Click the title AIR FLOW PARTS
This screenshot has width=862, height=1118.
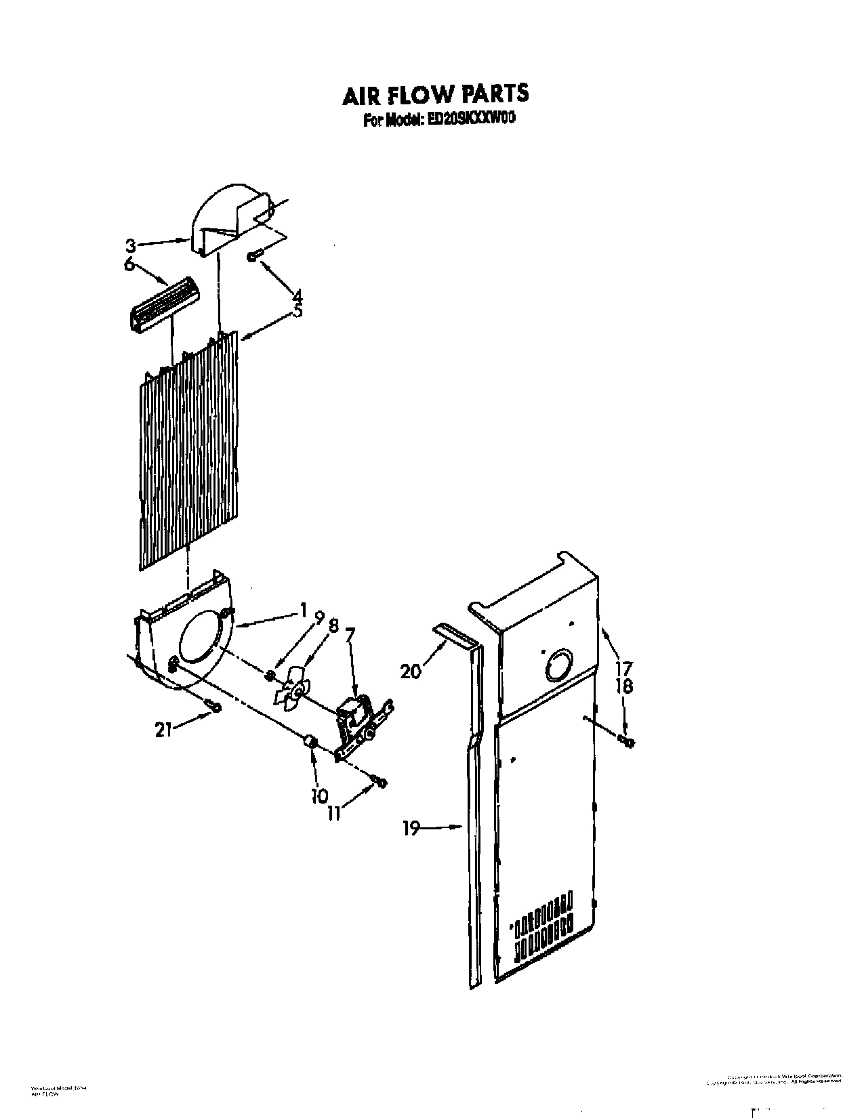click(x=434, y=95)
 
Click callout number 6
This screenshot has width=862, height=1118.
click(x=128, y=266)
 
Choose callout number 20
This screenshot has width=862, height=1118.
click(x=411, y=671)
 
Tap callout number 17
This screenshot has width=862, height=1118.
click(x=623, y=666)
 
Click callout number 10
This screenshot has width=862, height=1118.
click(x=319, y=795)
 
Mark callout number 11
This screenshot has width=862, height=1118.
click(x=333, y=812)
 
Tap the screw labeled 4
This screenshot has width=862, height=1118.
click(x=253, y=255)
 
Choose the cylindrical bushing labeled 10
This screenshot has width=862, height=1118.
click(x=310, y=743)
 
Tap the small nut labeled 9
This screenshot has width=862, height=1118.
click(x=270, y=674)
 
